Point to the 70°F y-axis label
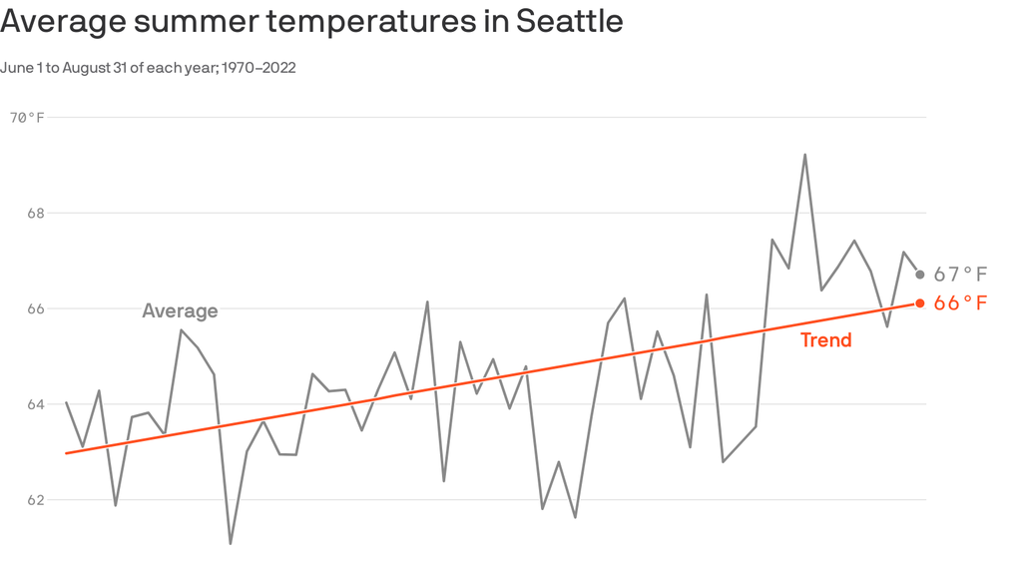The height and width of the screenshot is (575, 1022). (x=27, y=118)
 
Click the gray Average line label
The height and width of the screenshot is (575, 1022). (x=180, y=311)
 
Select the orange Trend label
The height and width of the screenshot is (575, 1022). (x=825, y=340)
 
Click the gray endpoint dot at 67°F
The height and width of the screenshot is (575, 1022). (x=919, y=275)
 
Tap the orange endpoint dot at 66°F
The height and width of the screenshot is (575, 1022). (x=919, y=303)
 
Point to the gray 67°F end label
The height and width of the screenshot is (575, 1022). (x=960, y=275)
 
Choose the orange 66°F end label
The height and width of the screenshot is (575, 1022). (x=960, y=303)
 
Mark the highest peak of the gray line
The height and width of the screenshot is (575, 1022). (x=804, y=155)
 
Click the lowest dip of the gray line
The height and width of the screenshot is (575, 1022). (x=231, y=543)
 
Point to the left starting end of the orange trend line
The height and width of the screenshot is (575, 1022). (x=66, y=453)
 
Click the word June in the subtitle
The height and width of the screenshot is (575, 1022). (x=17, y=68)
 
